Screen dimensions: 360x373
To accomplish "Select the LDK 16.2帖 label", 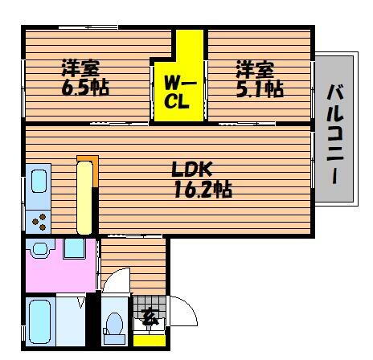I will click(x=201, y=180).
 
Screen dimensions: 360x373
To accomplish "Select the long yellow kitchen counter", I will click(x=84, y=197).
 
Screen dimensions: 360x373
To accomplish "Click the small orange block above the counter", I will click(x=85, y=159).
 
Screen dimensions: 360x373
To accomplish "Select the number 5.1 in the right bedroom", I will click(x=249, y=88).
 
